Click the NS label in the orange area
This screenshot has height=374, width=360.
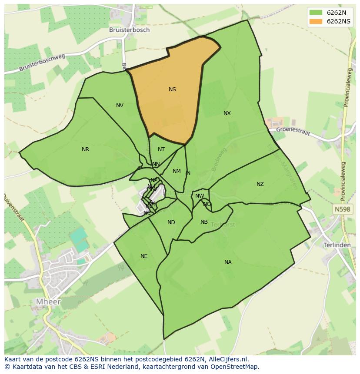172,89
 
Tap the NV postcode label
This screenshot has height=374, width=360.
120,106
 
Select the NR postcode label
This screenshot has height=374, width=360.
85,149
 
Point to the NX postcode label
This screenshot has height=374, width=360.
227,113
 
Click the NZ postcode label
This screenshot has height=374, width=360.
260,184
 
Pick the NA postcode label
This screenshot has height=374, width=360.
228,262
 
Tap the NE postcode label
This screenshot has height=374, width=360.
144,256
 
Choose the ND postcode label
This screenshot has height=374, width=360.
171,222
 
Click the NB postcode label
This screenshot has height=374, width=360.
204,222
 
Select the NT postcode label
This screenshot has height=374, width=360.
161,149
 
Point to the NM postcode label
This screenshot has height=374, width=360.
177,171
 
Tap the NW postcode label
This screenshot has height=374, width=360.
200,196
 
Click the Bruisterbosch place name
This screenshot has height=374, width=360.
130,30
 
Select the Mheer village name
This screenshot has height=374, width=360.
48,301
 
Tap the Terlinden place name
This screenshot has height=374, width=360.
337,245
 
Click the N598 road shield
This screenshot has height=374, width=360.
342,209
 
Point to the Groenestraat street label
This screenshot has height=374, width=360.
293,131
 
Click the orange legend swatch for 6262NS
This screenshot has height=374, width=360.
316,21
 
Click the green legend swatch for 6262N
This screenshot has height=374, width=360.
316,12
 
